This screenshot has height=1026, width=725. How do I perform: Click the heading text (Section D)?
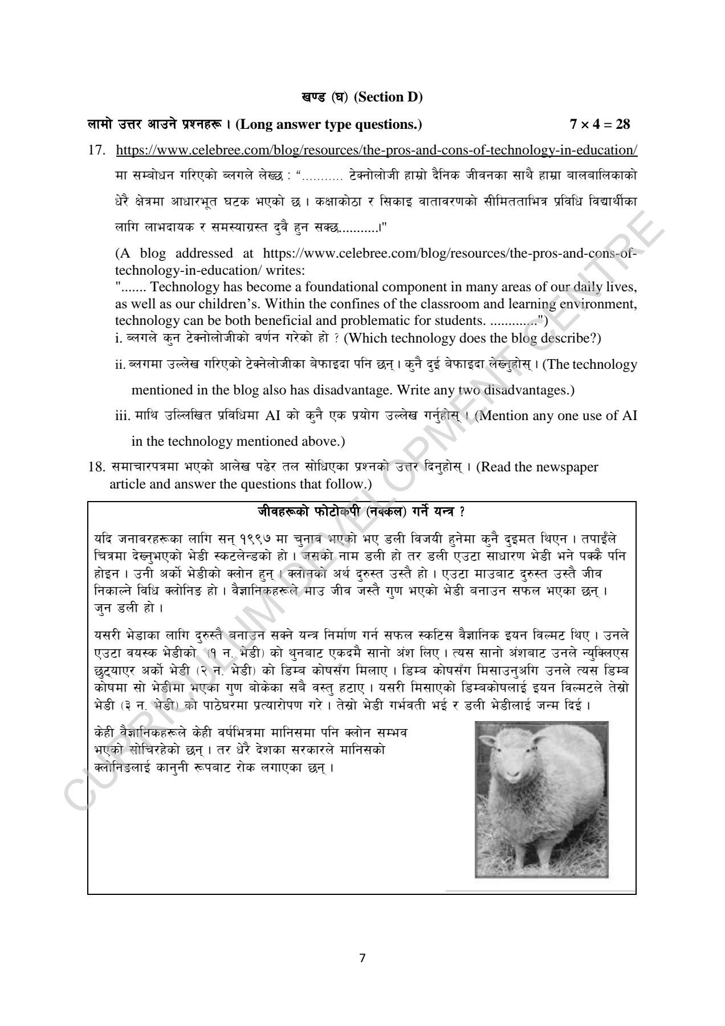tap(388, 97)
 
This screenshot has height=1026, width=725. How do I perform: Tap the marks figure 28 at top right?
tap(622, 124)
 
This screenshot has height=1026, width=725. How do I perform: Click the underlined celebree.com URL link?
tap(376, 150)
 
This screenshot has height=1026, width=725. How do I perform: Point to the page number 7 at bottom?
tap(362, 958)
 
